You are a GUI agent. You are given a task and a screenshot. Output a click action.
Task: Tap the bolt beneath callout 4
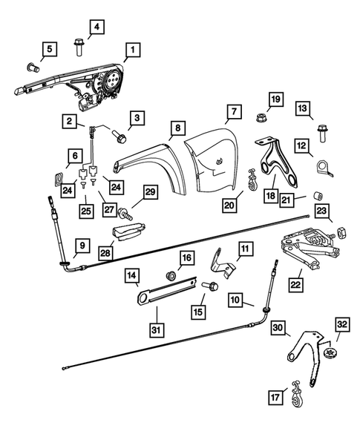(x=79, y=47)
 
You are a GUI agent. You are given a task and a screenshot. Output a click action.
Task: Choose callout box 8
(x=177, y=128)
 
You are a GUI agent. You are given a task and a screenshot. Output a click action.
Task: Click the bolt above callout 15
(x=209, y=284)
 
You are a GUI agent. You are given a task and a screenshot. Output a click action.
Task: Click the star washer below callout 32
(x=331, y=352)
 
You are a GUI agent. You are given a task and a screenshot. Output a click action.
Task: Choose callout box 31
(x=156, y=329)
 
